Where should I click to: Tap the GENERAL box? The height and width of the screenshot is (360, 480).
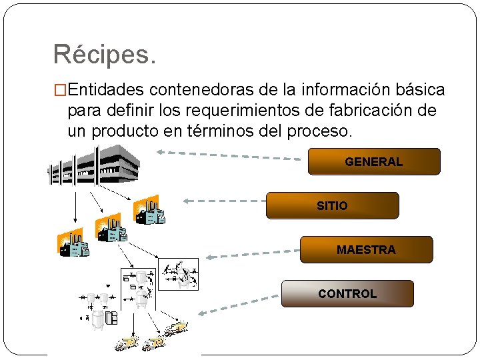point(373,161)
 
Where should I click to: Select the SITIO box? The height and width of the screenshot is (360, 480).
point(332,205)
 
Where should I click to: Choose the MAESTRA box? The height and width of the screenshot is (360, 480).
point(366,249)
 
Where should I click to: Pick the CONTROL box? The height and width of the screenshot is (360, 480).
point(347,293)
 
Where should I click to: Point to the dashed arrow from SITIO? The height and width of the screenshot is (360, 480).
point(223,200)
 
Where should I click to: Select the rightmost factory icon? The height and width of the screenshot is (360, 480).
point(148,210)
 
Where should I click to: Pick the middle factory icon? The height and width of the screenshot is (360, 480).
point(111,227)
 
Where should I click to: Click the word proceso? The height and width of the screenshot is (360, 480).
point(317,131)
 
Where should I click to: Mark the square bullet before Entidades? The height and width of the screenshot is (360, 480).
point(59,90)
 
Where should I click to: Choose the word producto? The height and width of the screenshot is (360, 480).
point(124,131)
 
